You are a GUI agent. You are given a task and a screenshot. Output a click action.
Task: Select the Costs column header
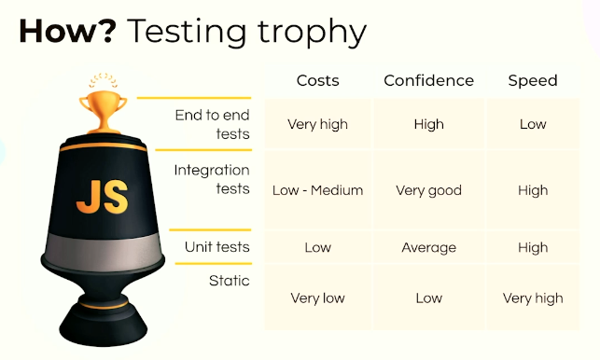click(317, 80)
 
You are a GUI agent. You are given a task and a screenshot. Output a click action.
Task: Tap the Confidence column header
click(428, 80)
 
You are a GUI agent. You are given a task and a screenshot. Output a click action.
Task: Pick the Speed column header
click(533, 80)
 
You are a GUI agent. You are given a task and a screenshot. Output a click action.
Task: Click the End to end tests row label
click(212, 124)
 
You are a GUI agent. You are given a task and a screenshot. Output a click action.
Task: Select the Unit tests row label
click(217, 247)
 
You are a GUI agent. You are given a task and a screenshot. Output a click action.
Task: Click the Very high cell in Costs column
click(317, 124)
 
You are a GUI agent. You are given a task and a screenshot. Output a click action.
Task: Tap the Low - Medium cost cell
click(317, 190)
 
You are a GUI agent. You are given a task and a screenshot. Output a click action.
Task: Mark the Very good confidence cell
click(428, 190)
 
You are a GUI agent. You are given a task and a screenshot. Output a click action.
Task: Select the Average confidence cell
click(428, 247)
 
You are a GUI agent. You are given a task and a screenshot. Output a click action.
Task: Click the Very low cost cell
click(317, 298)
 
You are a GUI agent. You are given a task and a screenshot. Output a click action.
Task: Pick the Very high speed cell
click(533, 298)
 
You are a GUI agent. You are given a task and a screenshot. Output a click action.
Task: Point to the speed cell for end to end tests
click(533, 124)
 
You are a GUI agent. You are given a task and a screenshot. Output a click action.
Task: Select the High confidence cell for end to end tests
click(428, 124)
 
